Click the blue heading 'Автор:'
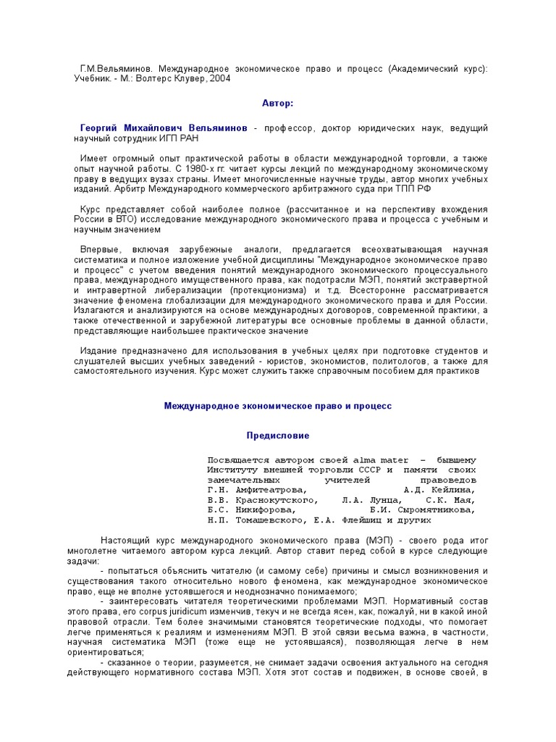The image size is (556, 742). [x=278, y=104]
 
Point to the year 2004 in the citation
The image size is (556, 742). [x=219, y=79]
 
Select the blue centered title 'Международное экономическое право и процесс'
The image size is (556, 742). [x=278, y=407]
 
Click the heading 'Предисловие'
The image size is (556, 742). [x=278, y=436]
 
